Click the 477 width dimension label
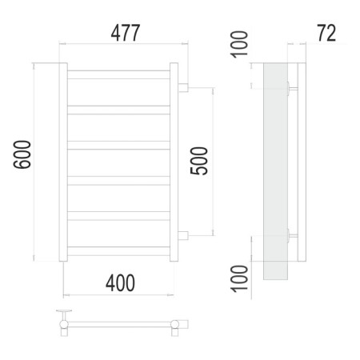click(126, 33)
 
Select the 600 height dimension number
click(22, 154)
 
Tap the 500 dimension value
click(199, 161)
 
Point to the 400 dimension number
click(120, 283)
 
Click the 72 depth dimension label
click(326, 33)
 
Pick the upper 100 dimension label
click(239, 44)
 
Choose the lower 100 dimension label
click(239, 278)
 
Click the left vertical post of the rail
click(63, 162)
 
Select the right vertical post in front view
click(174, 162)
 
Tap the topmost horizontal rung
click(118, 74)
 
